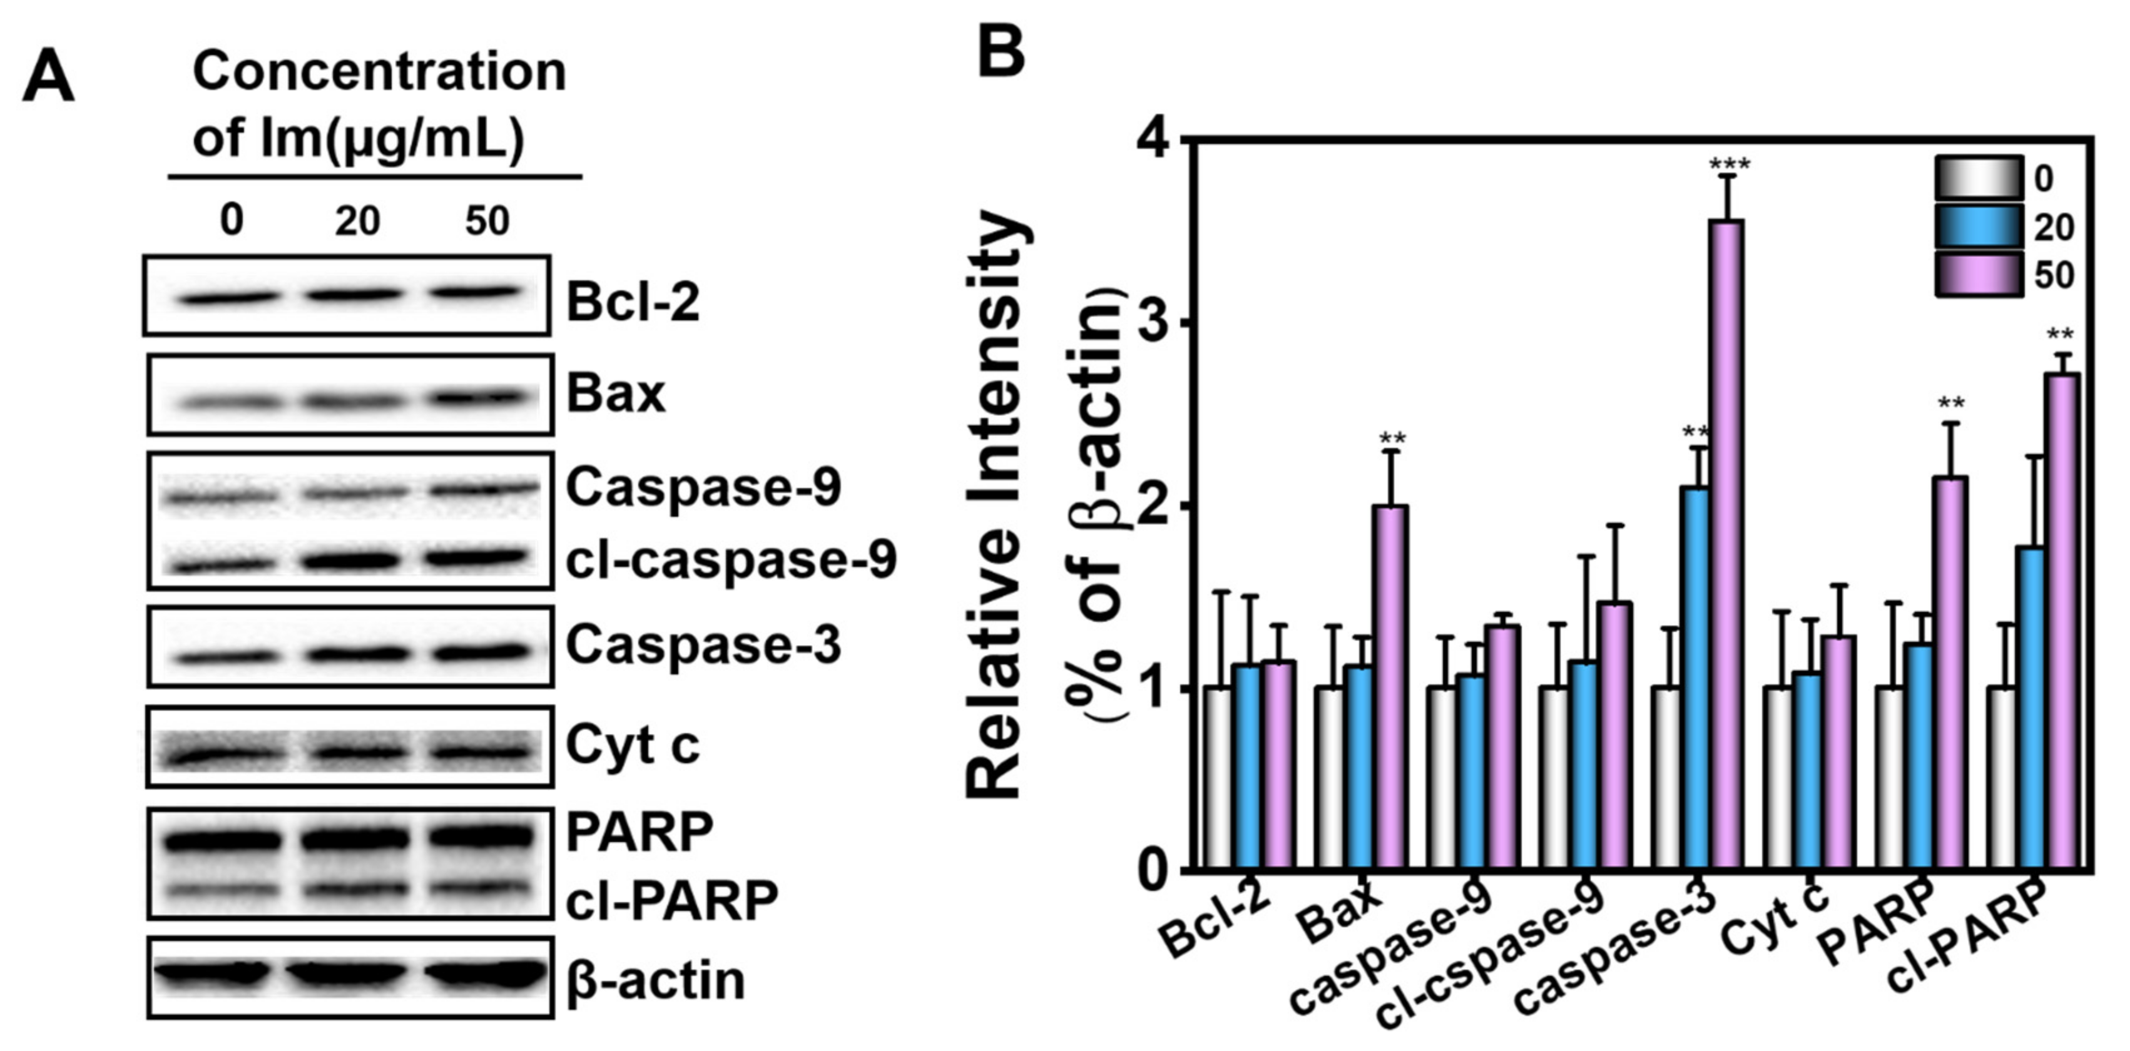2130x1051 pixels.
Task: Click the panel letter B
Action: pos(1001,51)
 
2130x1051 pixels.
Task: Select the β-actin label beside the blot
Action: pos(656,981)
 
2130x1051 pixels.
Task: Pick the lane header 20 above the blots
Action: pos(357,221)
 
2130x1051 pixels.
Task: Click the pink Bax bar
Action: pos(1390,686)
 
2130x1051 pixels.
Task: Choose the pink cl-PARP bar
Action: pos(2061,620)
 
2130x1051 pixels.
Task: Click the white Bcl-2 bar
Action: pos(1217,777)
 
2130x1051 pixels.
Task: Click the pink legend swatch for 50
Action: pos(1978,275)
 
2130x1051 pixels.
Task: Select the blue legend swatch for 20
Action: pos(1978,226)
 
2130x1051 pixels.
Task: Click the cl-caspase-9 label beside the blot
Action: pos(731,561)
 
